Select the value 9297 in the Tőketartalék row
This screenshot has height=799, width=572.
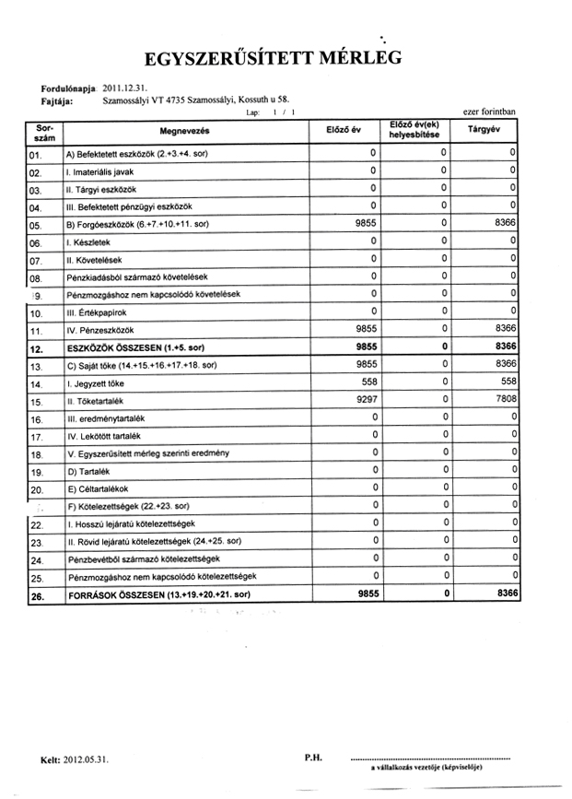point(366,401)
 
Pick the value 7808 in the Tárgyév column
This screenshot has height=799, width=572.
point(502,401)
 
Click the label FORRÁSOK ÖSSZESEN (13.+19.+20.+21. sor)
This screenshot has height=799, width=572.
point(149,596)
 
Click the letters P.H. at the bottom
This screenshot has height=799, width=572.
point(311,758)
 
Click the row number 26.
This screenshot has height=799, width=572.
point(37,596)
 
